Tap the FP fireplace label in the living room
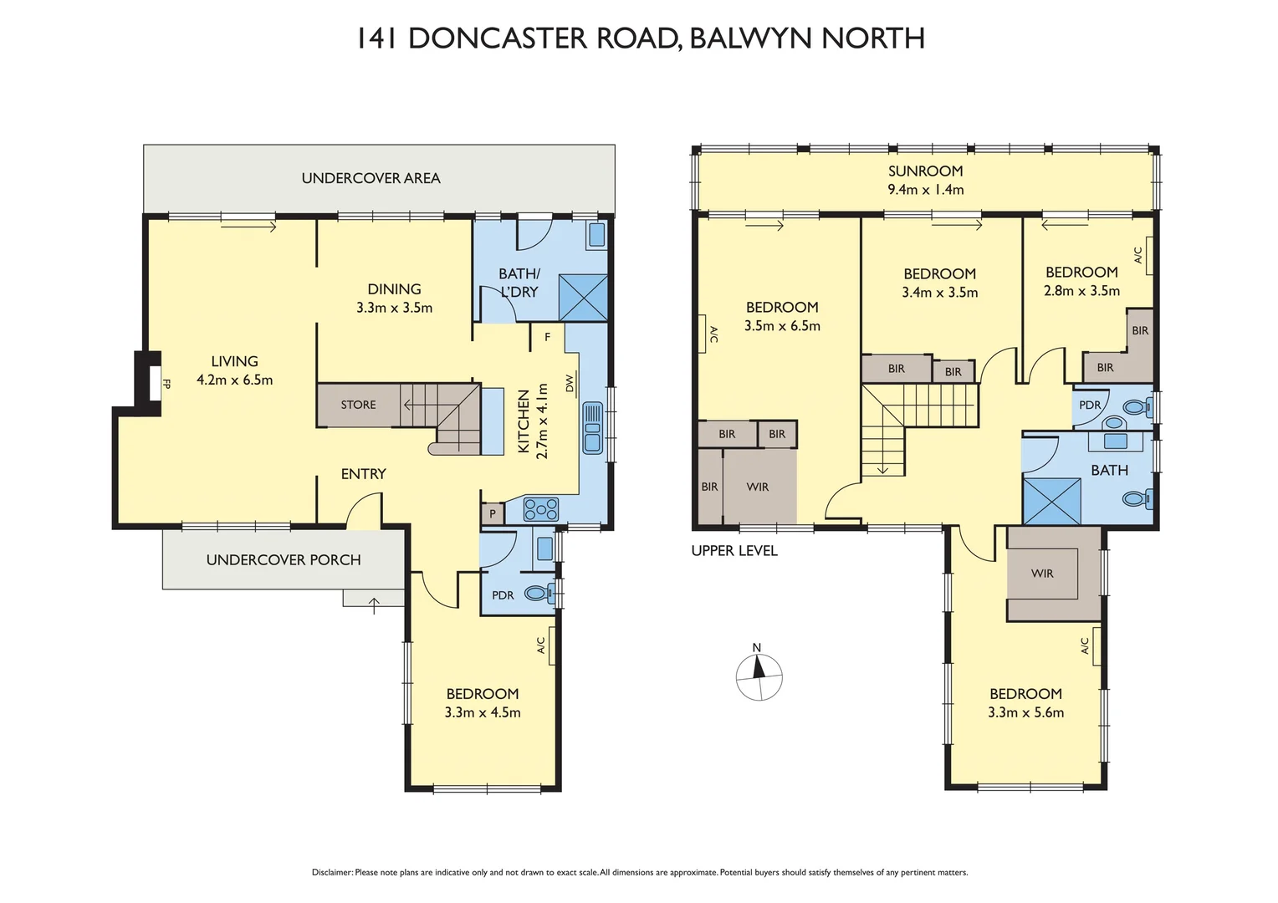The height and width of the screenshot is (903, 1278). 166,385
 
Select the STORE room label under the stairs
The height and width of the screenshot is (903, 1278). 358,405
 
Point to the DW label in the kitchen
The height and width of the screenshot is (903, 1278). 570,383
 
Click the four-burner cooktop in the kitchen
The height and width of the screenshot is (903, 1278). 540,508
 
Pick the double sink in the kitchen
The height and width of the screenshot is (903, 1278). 592,427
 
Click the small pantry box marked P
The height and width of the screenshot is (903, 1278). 492,513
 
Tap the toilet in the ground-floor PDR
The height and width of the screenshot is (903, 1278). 538,594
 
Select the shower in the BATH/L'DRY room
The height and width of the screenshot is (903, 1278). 582,297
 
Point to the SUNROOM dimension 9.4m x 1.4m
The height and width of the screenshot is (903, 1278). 925,190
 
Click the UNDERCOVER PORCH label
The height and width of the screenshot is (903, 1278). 284,560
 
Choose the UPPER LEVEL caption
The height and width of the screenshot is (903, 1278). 734,551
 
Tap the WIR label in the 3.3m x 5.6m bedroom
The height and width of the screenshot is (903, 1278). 1042,574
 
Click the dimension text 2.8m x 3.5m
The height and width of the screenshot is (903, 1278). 1081,291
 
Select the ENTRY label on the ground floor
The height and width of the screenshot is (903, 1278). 363,474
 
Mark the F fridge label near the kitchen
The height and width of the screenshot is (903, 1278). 547,338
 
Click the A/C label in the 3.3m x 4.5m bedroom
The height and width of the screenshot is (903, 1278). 541,645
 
